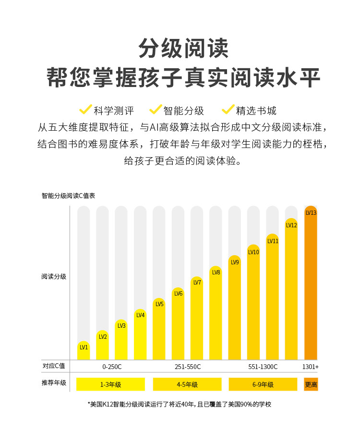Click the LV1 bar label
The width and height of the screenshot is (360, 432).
click(84, 347)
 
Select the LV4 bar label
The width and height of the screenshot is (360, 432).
click(140, 315)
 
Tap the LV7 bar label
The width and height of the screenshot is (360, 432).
click(197, 283)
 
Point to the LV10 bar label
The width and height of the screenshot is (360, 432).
click(253, 252)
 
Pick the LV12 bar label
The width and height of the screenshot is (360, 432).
click(291, 225)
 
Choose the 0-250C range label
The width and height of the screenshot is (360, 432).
click(112, 367)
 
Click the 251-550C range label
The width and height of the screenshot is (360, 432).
click(188, 367)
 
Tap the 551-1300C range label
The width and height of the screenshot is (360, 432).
click(263, 367)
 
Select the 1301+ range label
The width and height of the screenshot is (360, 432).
click(311, 367)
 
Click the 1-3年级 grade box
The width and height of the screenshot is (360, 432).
click(110, 384)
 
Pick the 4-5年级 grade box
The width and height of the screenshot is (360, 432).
click(187, 384)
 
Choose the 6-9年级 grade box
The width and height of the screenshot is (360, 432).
click(263, 384)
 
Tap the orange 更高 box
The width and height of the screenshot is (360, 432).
click(311, 384)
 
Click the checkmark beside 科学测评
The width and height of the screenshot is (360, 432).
click(85, 110)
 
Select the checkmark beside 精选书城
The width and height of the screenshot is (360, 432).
click(228, 110)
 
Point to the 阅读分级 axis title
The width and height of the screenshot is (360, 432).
click(54, 277)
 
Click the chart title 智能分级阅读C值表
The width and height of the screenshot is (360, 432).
click(68, 196)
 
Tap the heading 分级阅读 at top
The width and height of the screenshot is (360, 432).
click(183, 49)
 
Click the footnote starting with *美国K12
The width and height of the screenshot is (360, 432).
click(180, 404)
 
